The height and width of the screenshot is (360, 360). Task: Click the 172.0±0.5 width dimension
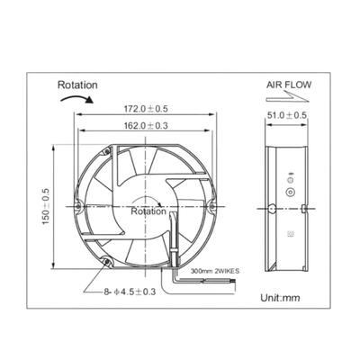pyautogui.click(x=146, y=109)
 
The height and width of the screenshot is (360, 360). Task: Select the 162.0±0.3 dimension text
pyautogui.click(x=146, y=125)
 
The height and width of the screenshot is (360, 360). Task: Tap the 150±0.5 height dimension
pyautogui.click(x=46, y=207)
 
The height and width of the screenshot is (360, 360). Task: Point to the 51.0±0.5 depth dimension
pyautogui.click(x=287, y=115)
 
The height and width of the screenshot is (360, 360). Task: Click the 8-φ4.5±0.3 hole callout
pyautogui.click(x=130, y=292)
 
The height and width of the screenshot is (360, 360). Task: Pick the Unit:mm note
pyautogui.click(x=280, y=298)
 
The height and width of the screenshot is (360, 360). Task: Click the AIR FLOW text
pyautogui.click(x=289, y=85)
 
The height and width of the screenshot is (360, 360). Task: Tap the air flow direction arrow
pyautogui.click(x=287, y=97)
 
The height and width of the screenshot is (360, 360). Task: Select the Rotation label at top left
pyautogui.click(x=77, y=85)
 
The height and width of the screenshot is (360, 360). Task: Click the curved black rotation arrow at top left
pyautogui.click(x=77, y=98)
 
